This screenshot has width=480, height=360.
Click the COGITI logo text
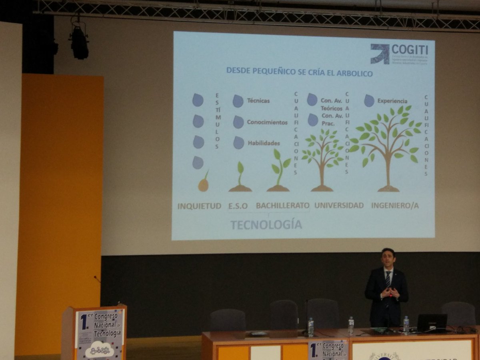[410, 50]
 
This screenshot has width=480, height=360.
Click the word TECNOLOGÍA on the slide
[266, 225]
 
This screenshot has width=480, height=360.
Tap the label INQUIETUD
[199, 206]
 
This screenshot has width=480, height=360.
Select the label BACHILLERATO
[282, 206]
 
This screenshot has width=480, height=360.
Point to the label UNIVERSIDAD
[339, 206]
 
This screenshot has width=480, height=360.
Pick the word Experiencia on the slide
[392, 101]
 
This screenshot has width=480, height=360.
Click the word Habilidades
[264, 143]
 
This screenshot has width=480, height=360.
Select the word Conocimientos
[267, 122]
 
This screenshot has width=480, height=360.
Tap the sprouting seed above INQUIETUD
[204, 183]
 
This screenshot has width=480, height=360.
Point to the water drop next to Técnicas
[238, 101]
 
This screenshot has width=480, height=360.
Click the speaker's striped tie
[388, 280]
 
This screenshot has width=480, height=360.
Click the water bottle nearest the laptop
[406, 325]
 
